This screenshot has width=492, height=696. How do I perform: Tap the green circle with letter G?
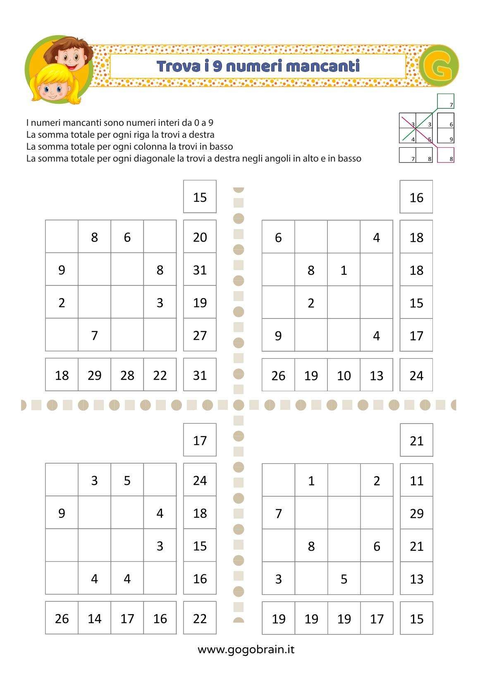[439, 66]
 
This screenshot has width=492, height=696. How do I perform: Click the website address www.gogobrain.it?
[246, 649]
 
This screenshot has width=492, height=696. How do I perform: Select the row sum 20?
[200, 237]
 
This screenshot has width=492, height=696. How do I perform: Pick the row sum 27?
[200, 335]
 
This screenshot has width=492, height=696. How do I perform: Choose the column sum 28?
[127, 375]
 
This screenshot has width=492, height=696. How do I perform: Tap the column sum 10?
[344, 375]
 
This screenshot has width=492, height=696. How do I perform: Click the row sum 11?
[416, 480]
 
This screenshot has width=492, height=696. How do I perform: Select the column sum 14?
[94, 618]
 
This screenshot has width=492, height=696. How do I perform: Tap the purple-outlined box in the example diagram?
[446, 155]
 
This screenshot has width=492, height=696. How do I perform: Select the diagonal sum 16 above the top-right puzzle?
[416, 197]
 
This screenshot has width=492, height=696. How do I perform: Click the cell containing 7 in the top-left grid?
[94, 335]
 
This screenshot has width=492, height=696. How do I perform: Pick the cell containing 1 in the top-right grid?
[344, 270]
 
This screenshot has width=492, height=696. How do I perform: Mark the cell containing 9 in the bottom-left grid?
[62, 513]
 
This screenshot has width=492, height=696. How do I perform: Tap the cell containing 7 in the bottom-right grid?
[278, 513]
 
